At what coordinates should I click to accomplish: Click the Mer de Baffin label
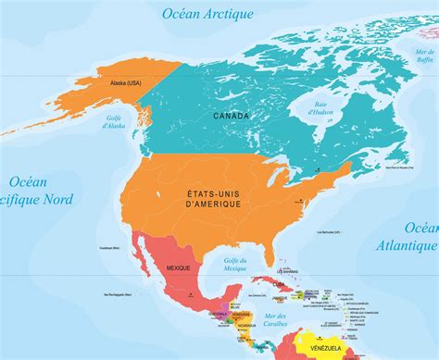(424, 55)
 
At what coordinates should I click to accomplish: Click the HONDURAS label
(248, 315)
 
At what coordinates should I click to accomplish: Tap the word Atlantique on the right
(407, 245)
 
